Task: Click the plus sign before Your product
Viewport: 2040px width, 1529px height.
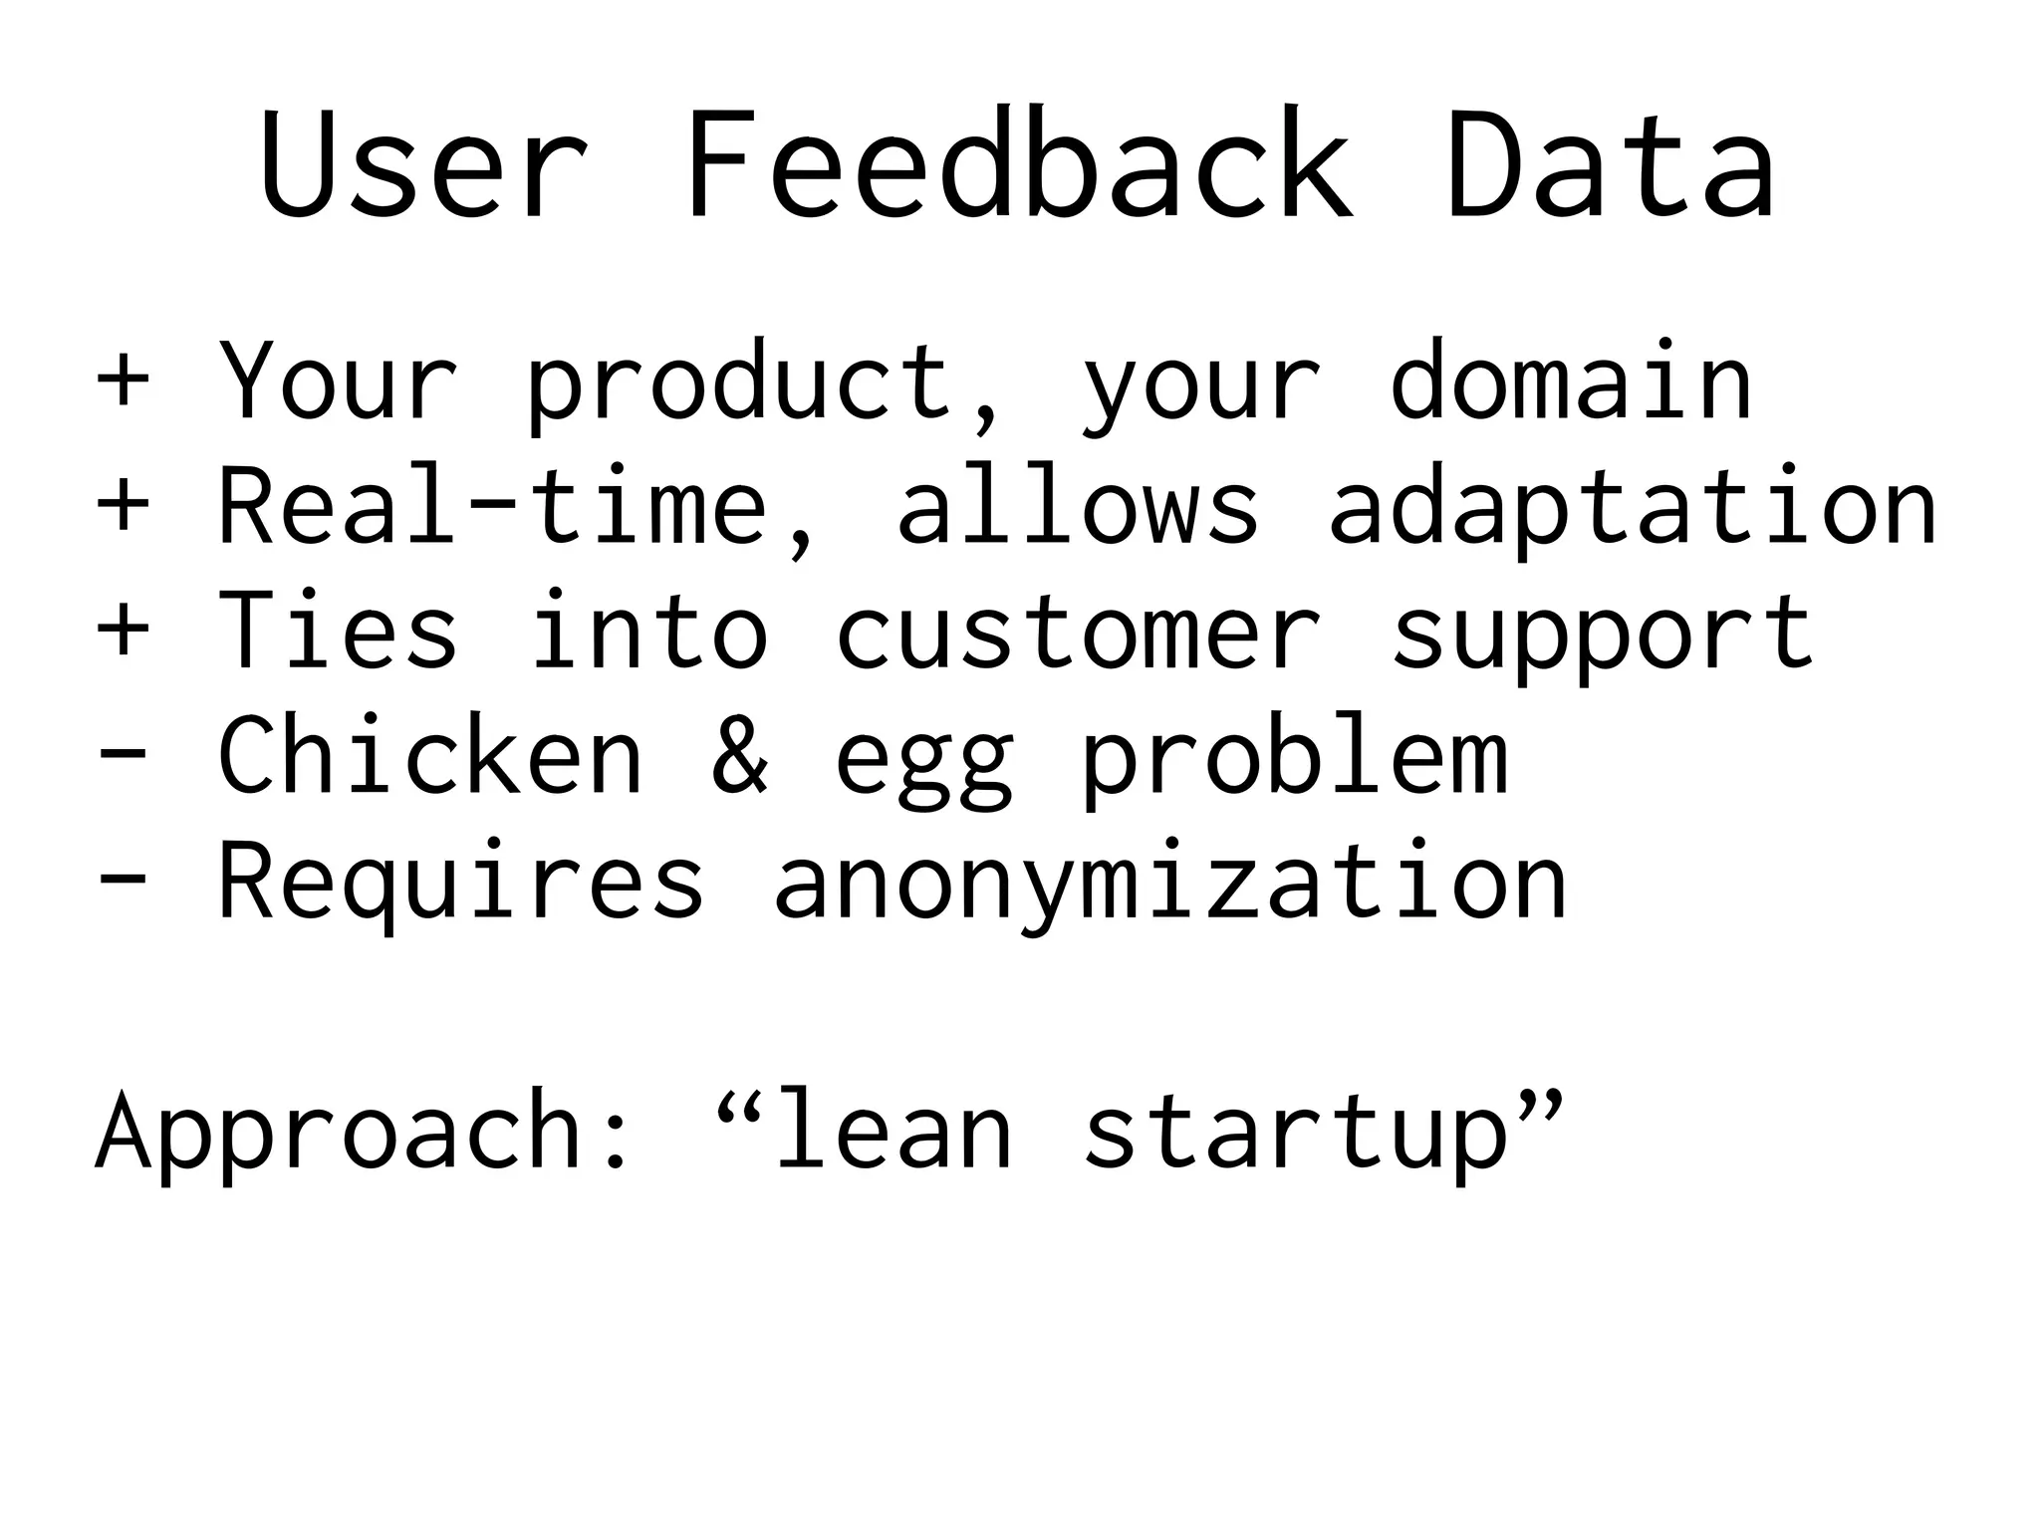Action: (123, 380)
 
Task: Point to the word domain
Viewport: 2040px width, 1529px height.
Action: (1571, 380)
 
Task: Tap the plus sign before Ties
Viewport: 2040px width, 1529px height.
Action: (123, 630)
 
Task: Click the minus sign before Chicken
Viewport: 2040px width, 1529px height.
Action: (123, 754)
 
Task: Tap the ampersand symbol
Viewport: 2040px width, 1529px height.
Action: (740, 755)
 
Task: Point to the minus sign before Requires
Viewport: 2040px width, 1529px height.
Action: (123, 879)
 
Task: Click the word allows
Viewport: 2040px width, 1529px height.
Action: (1078, 506)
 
